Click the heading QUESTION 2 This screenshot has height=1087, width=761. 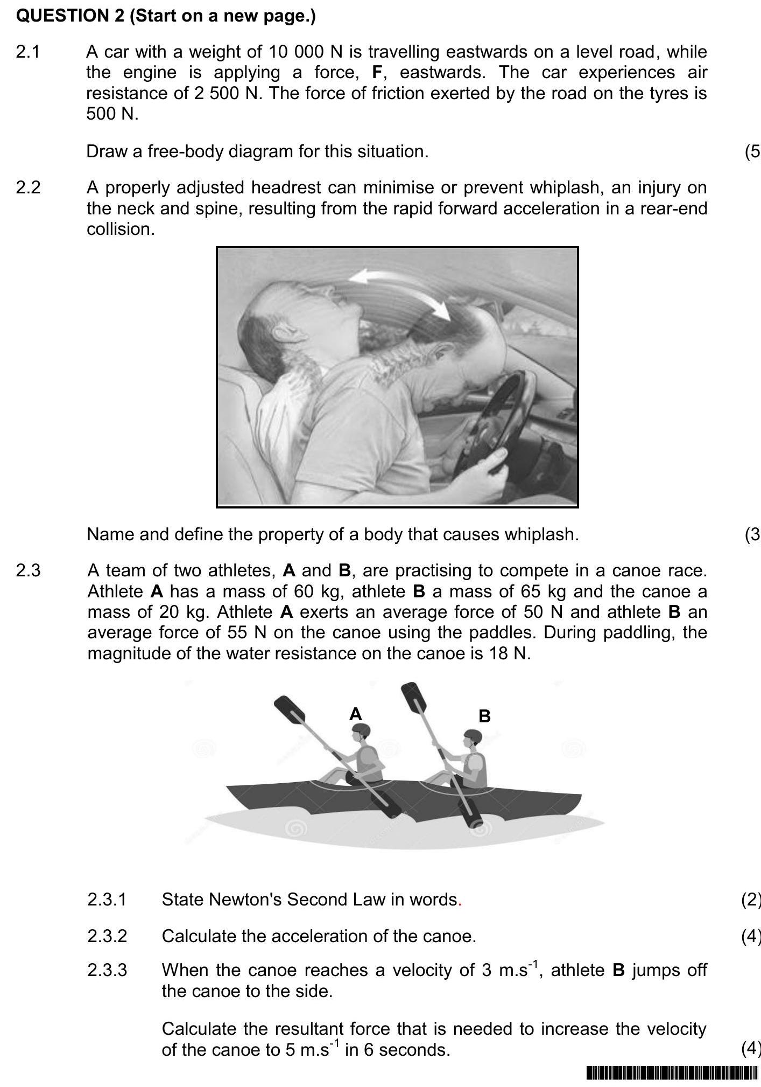click(71, 16)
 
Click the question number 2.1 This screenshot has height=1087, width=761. click(28, 52)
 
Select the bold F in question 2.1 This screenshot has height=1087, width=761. click(378, 73)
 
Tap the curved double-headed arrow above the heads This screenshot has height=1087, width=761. click(401, 291)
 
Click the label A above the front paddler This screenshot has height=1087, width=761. click(355, 714)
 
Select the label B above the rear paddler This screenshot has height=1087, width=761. click(484, 716)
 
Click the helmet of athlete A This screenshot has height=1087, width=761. click(361, 731)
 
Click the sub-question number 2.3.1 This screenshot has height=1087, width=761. click(107, 900)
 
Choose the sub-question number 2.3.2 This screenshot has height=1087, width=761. click(107, 936)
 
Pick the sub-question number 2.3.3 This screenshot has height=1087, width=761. click(107, 970)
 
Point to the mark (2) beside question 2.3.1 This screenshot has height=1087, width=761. click(750, 900)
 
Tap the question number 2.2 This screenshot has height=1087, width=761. click(28, 188)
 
